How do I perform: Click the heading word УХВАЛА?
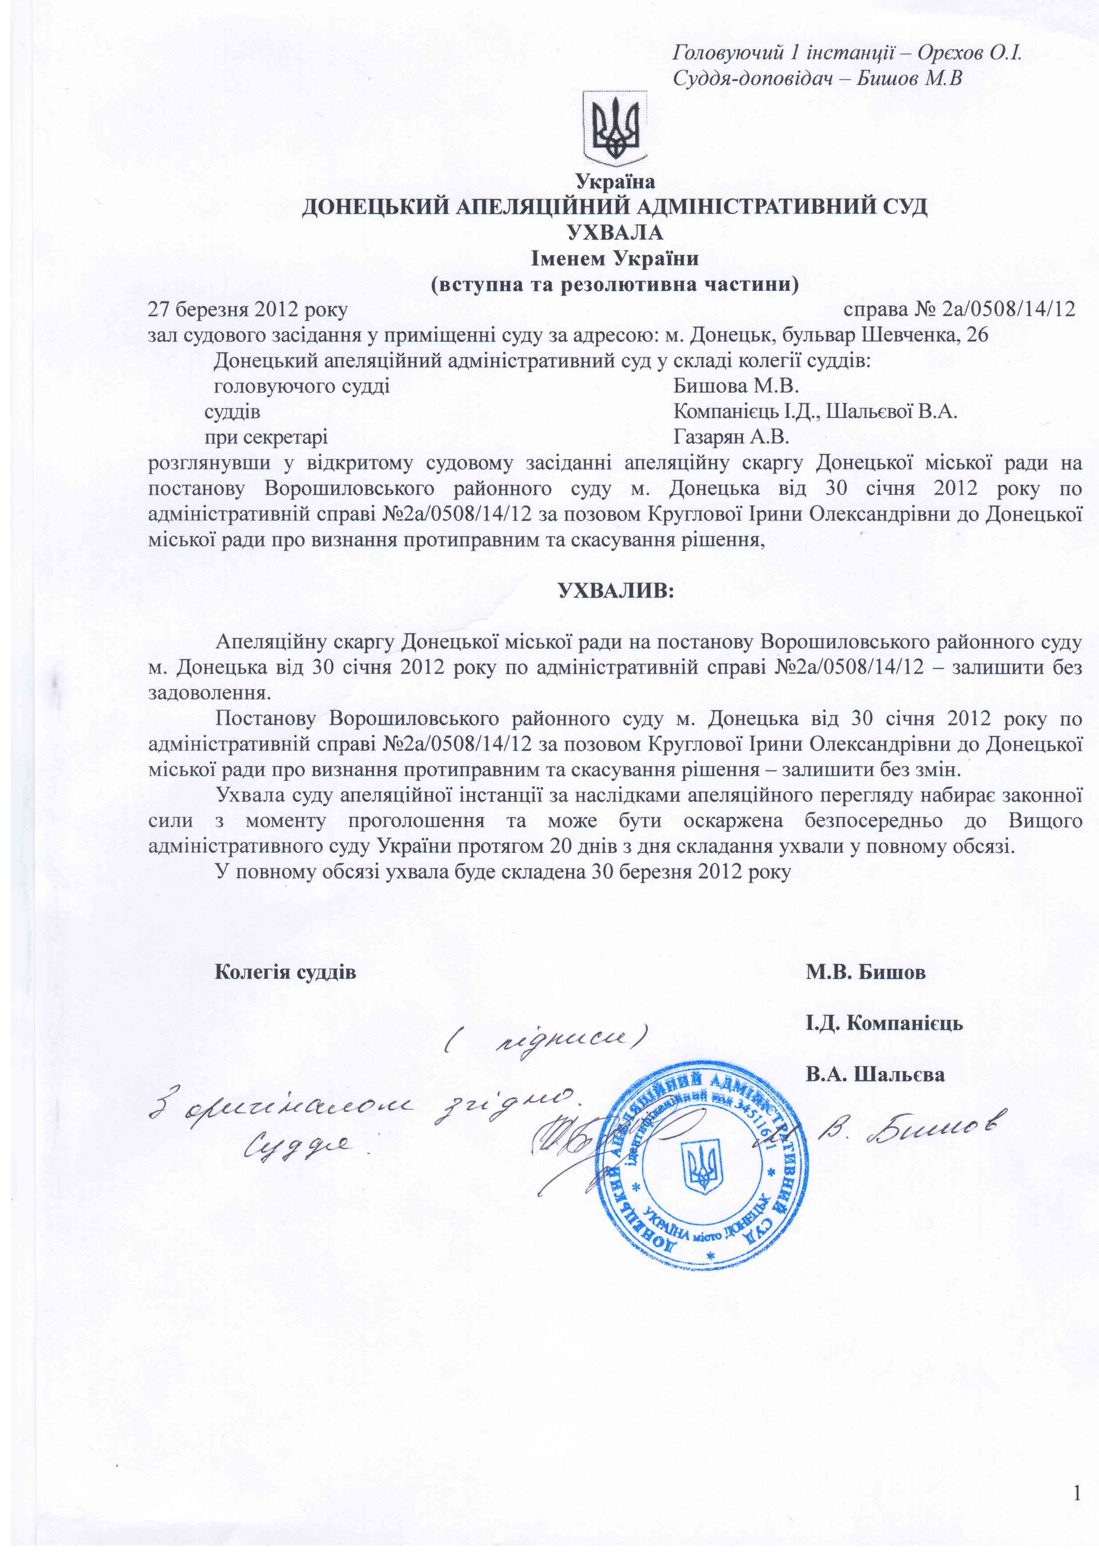click(614, 232)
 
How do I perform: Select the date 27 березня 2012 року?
click(248, 309)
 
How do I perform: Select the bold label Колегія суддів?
click(285, 972)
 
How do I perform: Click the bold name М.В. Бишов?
click(865, 972)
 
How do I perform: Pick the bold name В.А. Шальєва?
click(875, 1074)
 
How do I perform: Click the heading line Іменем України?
click(614, 258)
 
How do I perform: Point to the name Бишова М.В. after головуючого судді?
click(735, 386)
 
